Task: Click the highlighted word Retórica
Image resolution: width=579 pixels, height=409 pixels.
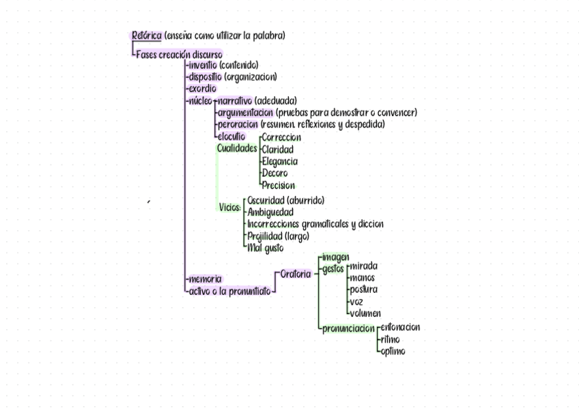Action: click(x=146, y=36)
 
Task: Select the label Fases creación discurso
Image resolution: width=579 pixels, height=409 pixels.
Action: click(x=179, y=55)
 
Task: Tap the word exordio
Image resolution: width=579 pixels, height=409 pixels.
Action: click(x=201, y=89)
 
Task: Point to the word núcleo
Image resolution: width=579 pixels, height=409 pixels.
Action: click(x=199, y=101)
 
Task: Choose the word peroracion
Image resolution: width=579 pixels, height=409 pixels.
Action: click(x=238, y=124)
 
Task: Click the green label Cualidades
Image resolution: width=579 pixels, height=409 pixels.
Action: click(x=237, y=148)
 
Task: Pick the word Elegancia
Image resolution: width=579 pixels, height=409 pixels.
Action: click(x=279, y=161)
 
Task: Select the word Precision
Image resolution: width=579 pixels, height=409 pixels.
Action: click(x=278, y=185)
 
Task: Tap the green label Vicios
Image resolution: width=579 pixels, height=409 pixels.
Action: click(x=230, y=208)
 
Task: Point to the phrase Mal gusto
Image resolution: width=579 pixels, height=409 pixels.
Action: click(x=266, y=248)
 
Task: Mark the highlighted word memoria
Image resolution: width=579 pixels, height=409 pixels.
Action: click(x=204, y=279)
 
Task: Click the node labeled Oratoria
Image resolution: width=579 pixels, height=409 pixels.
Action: click(x=296, y=274)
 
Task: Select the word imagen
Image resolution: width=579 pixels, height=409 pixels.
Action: click(x=335, y=257)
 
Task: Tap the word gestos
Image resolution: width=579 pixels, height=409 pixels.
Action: click(x=333, y=269)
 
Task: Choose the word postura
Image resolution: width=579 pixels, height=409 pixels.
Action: click(x=363, y=290)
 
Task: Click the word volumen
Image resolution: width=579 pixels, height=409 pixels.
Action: click(x=365, y=313)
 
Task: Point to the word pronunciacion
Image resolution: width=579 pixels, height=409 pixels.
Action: click(x=348, y=328)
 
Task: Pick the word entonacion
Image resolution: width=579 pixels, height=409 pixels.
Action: click(x=399, y=327)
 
